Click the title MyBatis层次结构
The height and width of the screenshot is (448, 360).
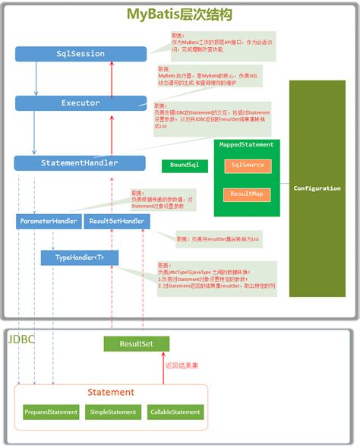tap(179, 14)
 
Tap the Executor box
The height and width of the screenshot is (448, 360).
tap(81, 103)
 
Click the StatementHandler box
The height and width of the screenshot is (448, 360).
tap(80, 162)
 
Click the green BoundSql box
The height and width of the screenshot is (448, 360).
tap(184, 165)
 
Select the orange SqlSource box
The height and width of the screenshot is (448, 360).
tap(246, 166)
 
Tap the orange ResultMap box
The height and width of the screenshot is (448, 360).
tap(246, 194)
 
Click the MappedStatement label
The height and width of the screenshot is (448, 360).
tap(246, 144)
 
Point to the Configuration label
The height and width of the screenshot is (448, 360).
tap(317, 188)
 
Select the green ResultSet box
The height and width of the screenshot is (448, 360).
tap(136, 344)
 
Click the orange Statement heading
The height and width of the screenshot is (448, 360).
tap(111, 392)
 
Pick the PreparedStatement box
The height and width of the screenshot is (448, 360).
tap(51, 412)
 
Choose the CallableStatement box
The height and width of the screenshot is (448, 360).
tap(175, 412)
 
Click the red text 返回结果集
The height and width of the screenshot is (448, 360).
tap(185, 366)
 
